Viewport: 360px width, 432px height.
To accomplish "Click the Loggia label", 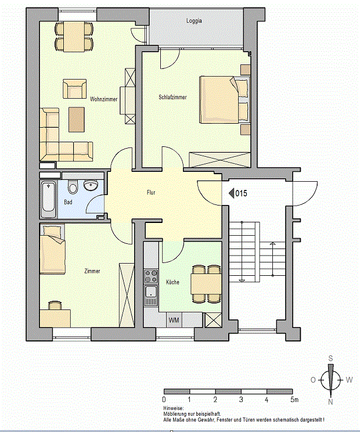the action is (194, 21).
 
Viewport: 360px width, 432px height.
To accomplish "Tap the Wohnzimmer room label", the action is (103, 99).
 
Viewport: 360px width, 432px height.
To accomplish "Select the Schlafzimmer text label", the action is (172, 97).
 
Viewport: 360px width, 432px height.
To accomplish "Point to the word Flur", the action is (151, 192).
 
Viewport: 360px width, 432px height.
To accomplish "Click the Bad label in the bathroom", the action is (68, 202).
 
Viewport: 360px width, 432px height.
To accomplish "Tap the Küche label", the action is (172, 282).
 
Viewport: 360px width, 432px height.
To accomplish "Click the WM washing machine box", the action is (174, 320).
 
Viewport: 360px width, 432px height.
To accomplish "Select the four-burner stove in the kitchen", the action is (151, 276).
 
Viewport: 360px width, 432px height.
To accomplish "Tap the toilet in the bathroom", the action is (73, 186).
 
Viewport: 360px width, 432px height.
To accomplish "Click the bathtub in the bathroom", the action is (49, 199).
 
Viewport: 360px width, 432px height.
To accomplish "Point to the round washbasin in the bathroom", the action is (91, 185).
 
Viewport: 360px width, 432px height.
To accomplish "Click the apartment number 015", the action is (242, 193).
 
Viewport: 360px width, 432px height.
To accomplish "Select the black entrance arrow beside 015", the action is (232, 193).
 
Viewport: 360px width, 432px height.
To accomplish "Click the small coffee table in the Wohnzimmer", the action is (77, 120).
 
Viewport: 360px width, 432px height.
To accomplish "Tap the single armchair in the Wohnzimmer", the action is (75, 89).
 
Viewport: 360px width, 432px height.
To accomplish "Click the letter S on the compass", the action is (330, 358).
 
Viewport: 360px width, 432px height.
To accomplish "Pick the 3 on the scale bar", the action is (241, 399).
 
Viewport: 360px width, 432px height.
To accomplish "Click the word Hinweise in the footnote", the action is (173, 408).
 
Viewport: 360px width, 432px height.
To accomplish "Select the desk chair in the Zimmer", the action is (55, 305).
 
